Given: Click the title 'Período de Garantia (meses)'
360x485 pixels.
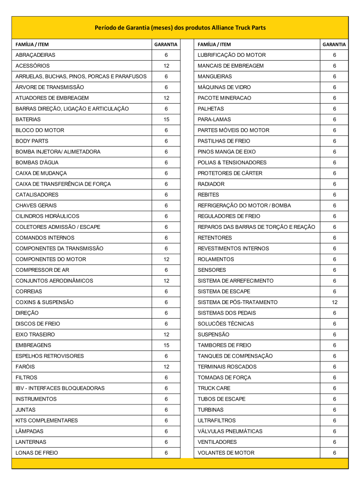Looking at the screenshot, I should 180,27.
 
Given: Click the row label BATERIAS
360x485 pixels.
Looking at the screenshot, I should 28,119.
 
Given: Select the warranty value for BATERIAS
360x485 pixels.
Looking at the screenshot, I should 166,119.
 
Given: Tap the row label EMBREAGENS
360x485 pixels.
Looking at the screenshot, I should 34,345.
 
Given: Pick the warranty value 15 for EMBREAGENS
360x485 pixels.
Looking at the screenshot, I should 166,345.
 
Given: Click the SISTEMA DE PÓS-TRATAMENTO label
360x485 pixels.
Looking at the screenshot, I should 238,302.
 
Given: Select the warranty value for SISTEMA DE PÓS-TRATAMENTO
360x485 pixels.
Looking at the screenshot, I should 334,302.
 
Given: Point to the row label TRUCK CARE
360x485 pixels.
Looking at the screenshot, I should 214,388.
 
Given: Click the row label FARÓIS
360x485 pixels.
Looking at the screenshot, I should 25,367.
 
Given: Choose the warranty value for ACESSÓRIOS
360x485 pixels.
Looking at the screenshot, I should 166,66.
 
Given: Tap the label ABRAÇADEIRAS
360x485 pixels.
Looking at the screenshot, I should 36,55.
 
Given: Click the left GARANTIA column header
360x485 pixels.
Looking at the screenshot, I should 166,45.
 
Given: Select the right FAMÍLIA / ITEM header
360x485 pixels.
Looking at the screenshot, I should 215,45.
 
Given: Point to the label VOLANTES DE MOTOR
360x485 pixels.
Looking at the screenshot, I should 226,453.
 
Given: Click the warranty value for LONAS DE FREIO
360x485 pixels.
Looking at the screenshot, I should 166,453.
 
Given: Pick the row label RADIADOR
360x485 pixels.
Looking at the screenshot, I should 211,184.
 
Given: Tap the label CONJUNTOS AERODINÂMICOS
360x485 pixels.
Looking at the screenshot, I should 54,281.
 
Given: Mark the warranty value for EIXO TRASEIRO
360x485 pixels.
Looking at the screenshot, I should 166,334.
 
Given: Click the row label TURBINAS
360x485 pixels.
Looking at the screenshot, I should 211,410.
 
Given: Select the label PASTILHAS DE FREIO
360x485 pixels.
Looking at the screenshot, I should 224,141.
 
